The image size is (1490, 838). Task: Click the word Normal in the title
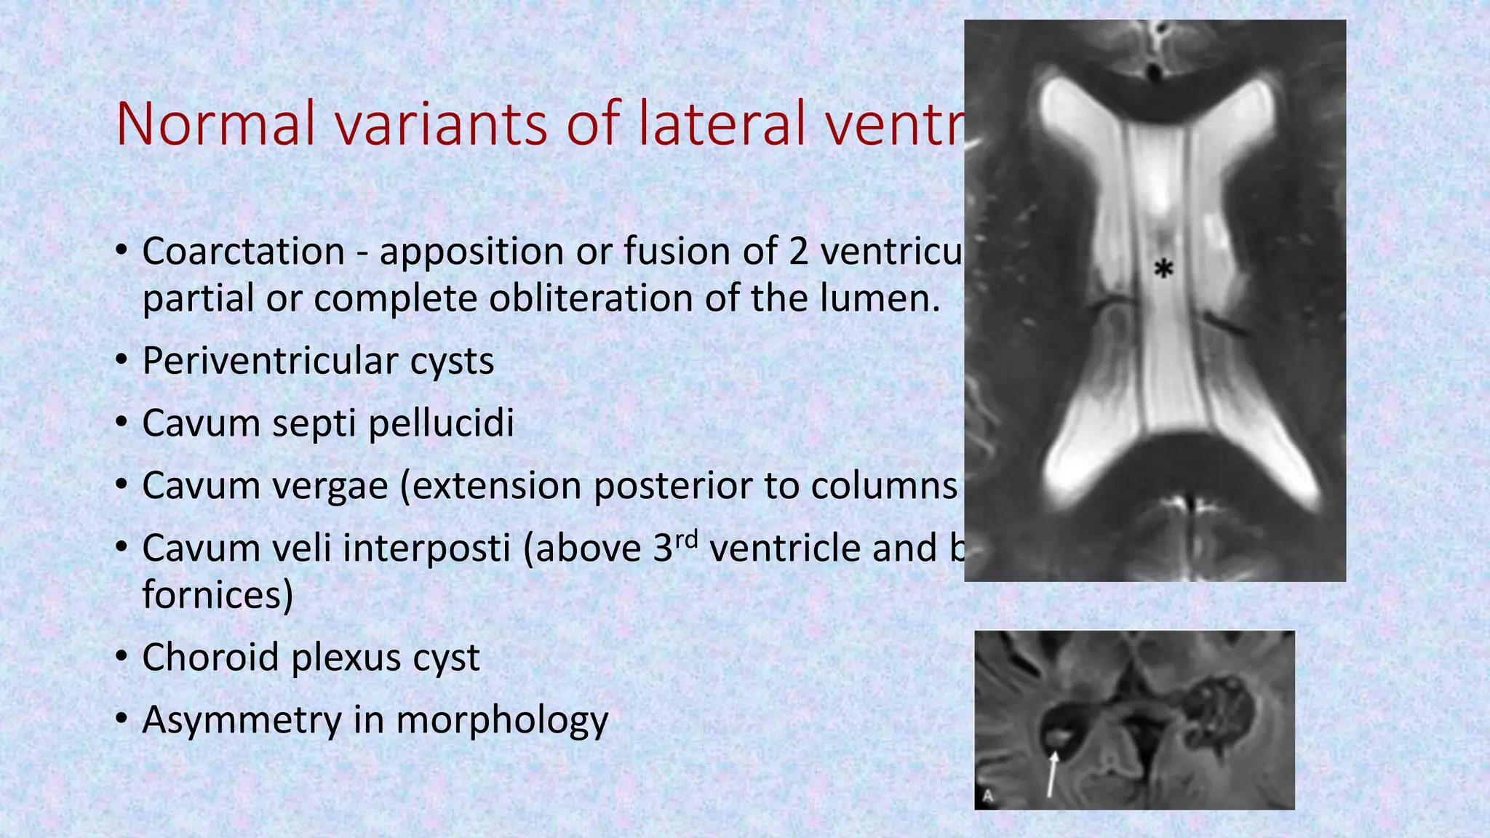(216, 124)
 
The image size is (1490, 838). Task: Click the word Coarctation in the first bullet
(243, 252)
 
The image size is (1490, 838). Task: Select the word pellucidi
(441, 423)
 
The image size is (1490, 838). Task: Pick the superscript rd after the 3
(687, 539)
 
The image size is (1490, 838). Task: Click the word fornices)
(218, 595)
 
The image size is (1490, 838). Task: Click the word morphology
(502, 720)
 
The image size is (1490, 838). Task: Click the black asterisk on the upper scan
(1164, 269)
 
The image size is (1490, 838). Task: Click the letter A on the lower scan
(988, 796)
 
